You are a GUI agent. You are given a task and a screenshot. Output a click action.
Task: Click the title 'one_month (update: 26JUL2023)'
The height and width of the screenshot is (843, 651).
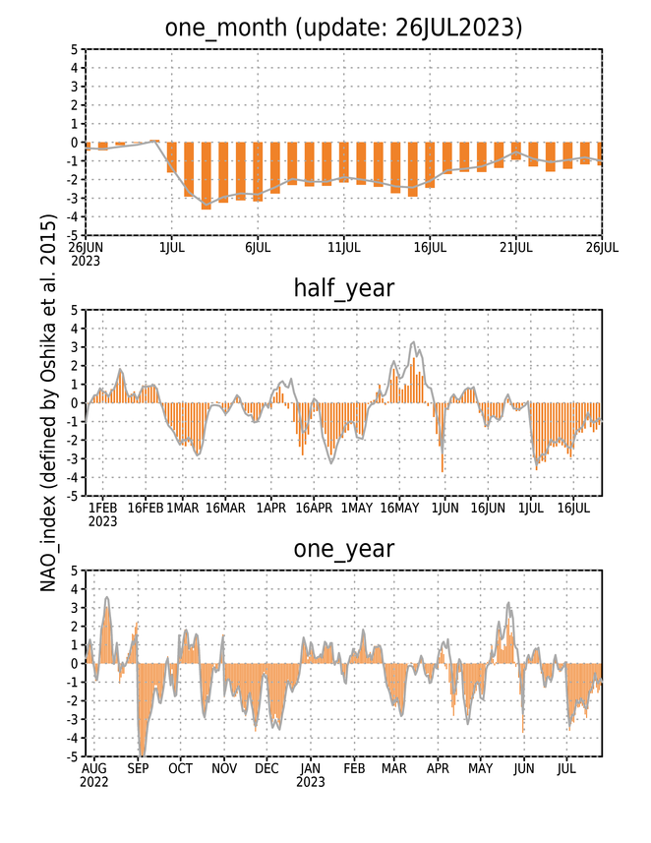pyautogui.click(x=343, y=28)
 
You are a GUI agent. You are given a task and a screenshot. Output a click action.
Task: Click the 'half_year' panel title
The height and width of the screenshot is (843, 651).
pyautogui.click(x=343, y=288)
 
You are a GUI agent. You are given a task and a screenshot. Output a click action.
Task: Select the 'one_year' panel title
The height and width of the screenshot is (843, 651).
pyautogui.click(x=343, y=549)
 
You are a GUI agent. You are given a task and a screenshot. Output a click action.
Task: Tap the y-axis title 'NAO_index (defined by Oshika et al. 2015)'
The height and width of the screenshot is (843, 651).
pyautogui.click(x=48, y=403)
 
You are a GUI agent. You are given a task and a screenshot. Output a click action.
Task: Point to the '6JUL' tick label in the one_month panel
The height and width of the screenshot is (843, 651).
pyautogui.click(x=258, y=248)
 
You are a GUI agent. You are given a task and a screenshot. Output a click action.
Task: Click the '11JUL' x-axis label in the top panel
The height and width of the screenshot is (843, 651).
pyautogui.click(x=343, y=248)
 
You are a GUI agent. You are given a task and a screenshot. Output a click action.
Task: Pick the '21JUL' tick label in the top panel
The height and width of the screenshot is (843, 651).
pyautogui.click(x=515, y=248)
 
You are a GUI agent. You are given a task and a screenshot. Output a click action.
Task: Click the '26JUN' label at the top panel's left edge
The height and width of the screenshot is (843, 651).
pyautogui.click(x=86, y=248)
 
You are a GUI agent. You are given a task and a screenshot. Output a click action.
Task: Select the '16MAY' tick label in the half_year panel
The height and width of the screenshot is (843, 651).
pyautogui.click(x=399, y=508)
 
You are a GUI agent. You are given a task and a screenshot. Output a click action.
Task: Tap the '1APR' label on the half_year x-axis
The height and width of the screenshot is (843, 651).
pyautogui.click(x=271, y=508)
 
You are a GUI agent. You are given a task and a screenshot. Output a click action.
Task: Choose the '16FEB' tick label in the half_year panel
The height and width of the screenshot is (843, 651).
pyautogui.click(x=146, y=508)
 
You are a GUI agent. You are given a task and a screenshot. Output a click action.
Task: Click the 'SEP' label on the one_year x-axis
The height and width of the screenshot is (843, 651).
pyautogui.click(x=138, y=769)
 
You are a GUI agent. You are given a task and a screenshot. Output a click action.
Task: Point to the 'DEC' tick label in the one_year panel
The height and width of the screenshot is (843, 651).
pyautogui.click(x=266, y=769)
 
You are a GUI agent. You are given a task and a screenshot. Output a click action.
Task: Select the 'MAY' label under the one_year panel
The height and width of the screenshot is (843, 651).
pyautogui.click(x=480, y=769)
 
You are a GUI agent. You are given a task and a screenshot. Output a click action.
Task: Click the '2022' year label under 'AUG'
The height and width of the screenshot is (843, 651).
pyautogui.click(x=94, y=782)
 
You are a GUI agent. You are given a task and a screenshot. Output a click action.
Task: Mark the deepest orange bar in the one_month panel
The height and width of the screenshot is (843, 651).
pyautogui.click(x=206, y=176)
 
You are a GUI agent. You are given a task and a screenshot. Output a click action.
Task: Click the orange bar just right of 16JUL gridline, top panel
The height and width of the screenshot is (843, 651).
pyautogui.click(x=446, y=158)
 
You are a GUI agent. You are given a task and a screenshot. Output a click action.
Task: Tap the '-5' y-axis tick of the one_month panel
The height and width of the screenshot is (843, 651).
pyautogui.click(x=74, y=235)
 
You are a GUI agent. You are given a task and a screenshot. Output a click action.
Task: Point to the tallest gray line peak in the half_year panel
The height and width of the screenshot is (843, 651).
pyautogui.click(x=413, y=342)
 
